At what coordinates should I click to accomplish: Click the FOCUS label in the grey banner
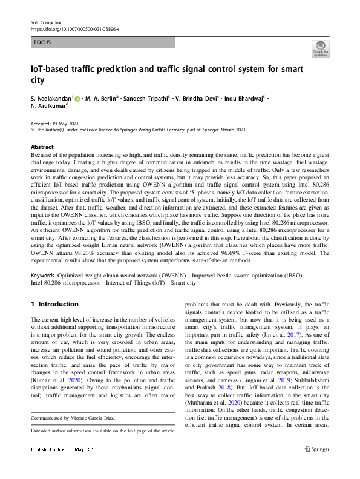42,43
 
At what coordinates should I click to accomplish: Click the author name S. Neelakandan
51,98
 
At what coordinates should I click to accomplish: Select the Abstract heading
42,147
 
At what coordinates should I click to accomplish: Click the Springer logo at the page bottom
317,466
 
